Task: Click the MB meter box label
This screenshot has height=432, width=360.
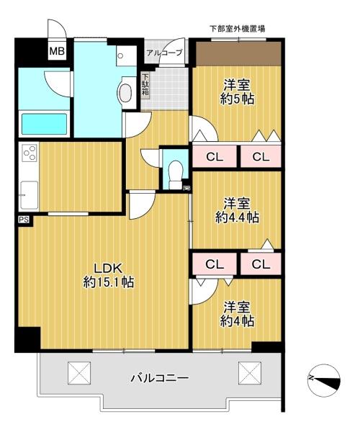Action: pyautogui.click(x=57, y=51)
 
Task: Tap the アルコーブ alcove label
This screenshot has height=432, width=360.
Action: pyautogui.click(x=164, y=53)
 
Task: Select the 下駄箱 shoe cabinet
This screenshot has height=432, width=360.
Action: pyautogui.click(x=145, y=84)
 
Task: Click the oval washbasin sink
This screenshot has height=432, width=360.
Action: pyautogui.click(x=125, y=93)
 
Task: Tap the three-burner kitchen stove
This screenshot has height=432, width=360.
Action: pyautogui.click(x=30, y=153)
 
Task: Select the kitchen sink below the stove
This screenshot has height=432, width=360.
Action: pyautogui.click(x=29, y=195)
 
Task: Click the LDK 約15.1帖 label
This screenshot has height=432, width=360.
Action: pyautogui.click(x=109, y=275)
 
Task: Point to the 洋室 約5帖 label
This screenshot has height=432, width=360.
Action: pyautogui.click(x=237, y=91)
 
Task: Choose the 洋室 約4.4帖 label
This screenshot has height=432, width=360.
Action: pyautogui.click(x=237, y=210)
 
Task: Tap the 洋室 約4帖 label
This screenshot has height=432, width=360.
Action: pyautogui.click(x=237, y=314)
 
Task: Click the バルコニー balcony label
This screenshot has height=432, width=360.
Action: pyautogui.click(x=160, y=377)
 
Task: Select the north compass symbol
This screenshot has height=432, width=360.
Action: pyautogui.click(x=324, y=380)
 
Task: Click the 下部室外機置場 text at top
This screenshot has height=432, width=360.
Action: pyautogui.click(x=238, y=28)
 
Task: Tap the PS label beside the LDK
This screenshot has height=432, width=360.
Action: pyautogui.click(x=24, y=220)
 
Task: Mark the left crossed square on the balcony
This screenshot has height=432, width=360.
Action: pyautogui.click(x=79, y=373)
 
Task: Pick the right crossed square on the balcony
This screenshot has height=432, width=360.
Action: pyautogui.click(x=250, y=373)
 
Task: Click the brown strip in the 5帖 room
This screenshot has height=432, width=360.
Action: pyautogui.click(x=238, y=54)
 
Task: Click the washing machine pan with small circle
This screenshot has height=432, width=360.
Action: pyautogui.click(x=126, y=55)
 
